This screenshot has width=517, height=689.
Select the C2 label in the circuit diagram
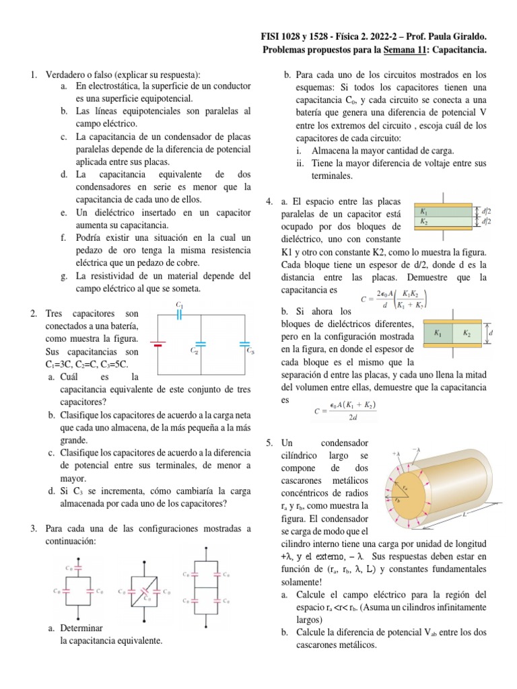pos(193,351)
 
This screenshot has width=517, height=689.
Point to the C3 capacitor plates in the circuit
pos(244,343)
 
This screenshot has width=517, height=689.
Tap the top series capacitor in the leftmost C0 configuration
pos(79,568)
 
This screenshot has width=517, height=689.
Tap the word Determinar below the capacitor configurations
pos(81,628)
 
